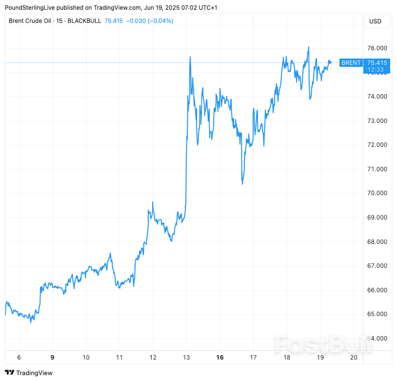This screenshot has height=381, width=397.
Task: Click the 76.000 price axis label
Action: pos(377,48)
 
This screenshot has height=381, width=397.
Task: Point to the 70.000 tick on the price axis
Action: pos(377,193)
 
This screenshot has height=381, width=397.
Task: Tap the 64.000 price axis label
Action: pos(377,339)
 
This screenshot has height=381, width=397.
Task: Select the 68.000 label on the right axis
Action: pos(377,242)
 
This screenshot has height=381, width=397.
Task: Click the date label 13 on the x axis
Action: pos(186,358)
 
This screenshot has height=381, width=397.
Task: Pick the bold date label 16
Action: pos(220,358)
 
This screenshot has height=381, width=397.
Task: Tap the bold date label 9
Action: pos(52,358)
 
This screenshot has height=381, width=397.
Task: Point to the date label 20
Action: pos(354,358)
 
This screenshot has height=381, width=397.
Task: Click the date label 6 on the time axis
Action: pos(19,358)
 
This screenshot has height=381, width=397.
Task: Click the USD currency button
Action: pos(376,21)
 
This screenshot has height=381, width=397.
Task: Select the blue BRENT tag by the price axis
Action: pos(351,63)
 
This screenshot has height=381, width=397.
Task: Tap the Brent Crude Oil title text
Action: pos(31,20)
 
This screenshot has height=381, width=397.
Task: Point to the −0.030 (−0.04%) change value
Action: pos(150,20)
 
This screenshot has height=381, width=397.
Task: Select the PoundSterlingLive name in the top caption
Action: pos(33,8)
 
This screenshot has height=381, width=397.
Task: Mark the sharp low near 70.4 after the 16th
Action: pos(242,184)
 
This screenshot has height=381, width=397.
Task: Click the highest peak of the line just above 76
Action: pos(309,47)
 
